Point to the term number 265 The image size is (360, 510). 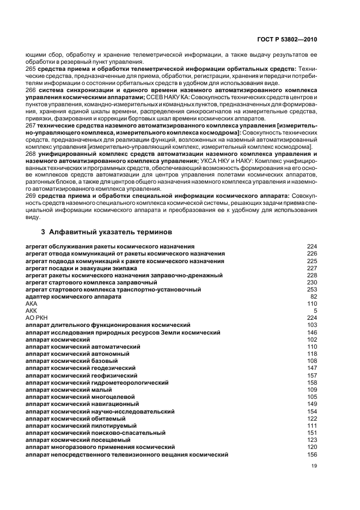31,69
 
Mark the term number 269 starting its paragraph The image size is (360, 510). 31,195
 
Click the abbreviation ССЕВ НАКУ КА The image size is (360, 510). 166,97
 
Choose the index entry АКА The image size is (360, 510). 32,303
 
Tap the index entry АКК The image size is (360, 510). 32,311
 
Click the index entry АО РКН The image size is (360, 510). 36,318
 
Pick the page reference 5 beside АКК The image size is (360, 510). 315,311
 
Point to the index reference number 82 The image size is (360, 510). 313,296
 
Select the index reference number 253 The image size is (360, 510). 312,289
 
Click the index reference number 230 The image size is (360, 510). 312,282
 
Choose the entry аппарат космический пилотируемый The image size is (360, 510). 83,426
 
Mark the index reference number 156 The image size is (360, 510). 312,454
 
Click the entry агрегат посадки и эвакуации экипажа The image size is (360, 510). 82,268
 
